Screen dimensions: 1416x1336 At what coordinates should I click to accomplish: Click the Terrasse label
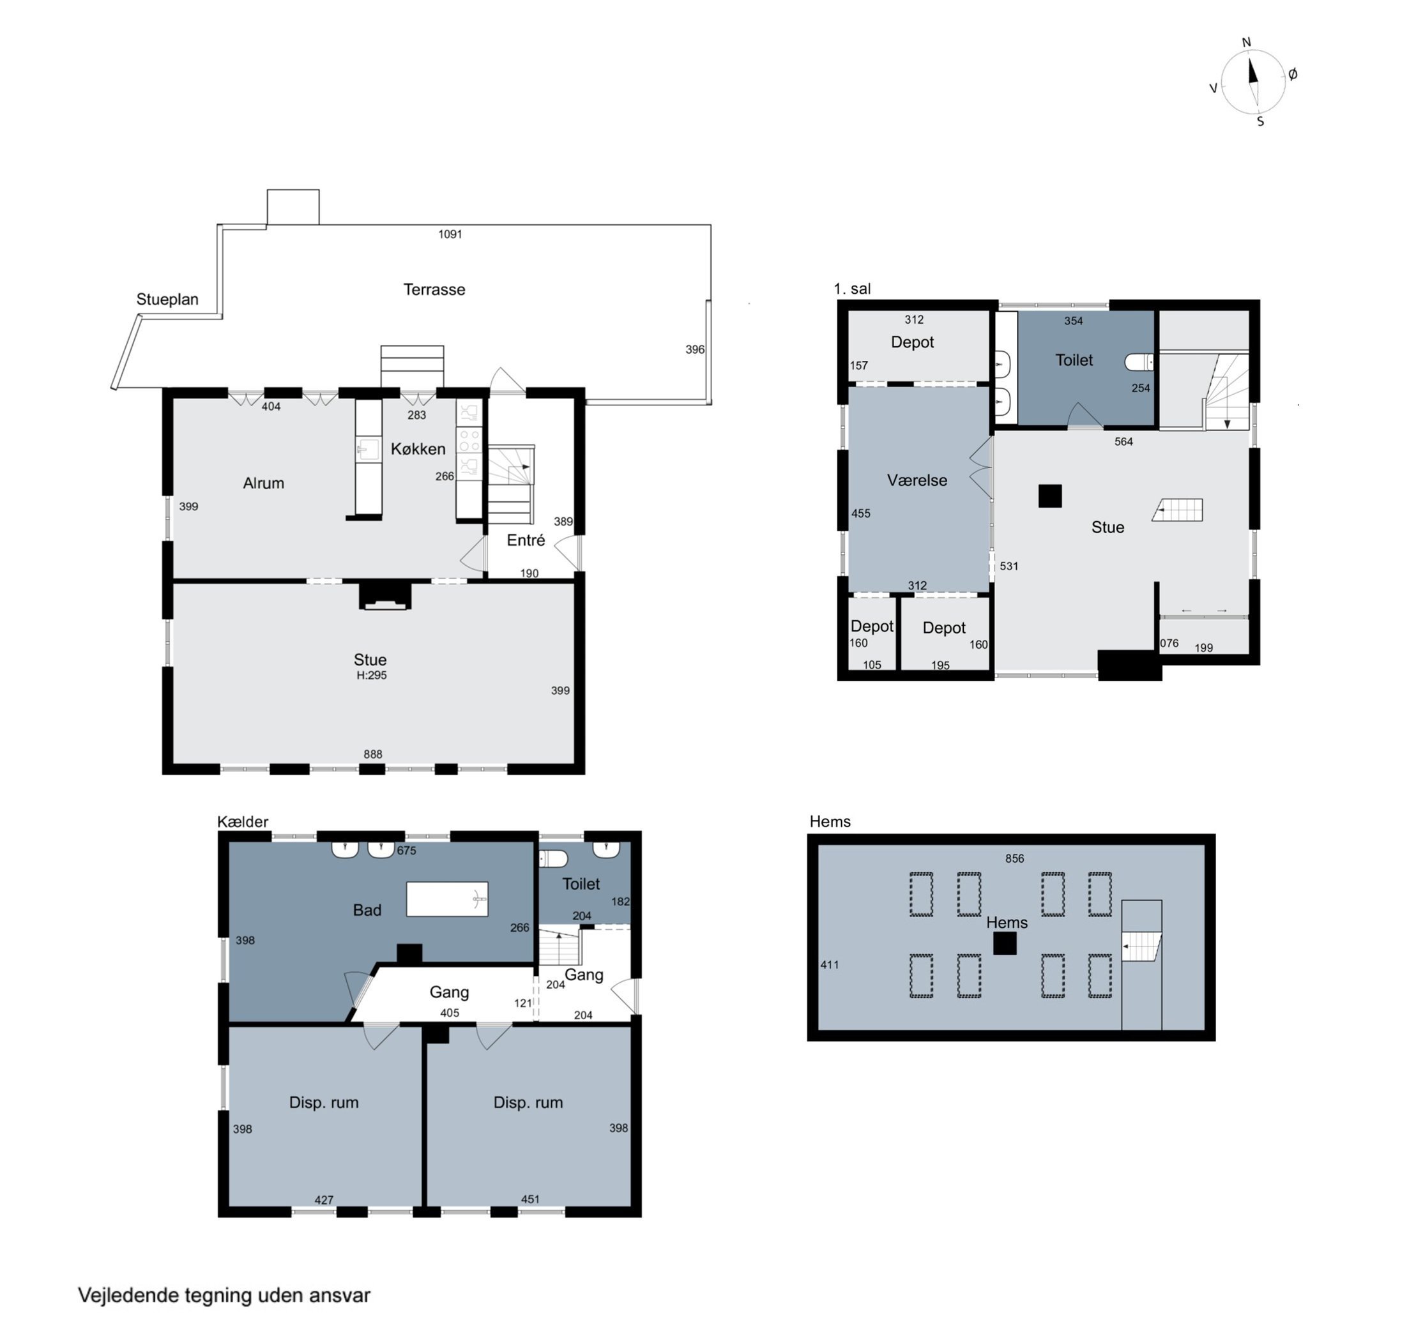[434, 289]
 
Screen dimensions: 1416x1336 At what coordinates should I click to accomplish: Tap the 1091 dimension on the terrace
[450, 234]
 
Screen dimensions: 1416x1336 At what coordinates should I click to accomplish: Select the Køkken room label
[418, 449]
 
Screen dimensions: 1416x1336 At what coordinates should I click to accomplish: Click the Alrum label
[264, 483]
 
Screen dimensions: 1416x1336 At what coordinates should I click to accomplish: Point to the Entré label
[526, 540]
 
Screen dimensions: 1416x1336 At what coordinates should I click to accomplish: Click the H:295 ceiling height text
[372, 675]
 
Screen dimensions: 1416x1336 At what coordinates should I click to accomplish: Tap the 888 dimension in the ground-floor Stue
[372, 754]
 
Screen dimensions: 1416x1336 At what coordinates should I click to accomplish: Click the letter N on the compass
[1247, 43]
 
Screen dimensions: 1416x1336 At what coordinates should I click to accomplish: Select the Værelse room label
[917, 481]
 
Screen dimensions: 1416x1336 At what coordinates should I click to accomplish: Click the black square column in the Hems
[1005, 944]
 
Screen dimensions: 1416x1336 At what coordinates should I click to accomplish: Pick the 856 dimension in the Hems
[1014, 859]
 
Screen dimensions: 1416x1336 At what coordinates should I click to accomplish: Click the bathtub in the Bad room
[446, 899]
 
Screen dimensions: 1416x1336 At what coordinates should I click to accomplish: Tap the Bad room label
[367, 910]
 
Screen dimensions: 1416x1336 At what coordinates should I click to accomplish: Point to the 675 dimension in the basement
[406, 850]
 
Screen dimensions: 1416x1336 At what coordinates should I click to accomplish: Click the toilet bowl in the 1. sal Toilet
[1138, 363]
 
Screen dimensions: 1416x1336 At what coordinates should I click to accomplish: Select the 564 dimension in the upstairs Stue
[1123, 441]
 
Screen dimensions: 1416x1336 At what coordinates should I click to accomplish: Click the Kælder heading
[243, 822]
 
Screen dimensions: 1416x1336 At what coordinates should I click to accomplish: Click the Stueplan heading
[167, 300]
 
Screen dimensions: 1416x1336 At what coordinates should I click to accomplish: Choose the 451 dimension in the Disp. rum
[530, 1199]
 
